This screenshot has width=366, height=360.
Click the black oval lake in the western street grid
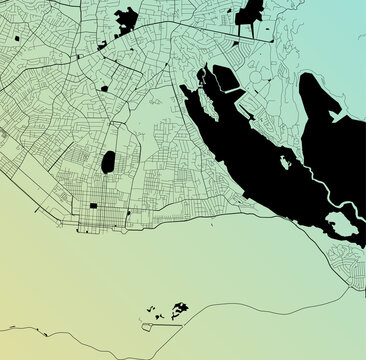[x=108, y=162]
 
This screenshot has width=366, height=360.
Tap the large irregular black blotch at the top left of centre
[x=127, y=19]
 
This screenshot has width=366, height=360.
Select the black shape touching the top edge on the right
[x=250, y=12]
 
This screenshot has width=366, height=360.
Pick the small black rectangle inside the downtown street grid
[x=94, y=206]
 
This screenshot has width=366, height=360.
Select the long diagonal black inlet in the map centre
[x=240, y=150]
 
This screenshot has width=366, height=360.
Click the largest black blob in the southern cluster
[x=180, y=308]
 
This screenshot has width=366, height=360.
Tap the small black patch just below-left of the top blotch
[x=103, y=46]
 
